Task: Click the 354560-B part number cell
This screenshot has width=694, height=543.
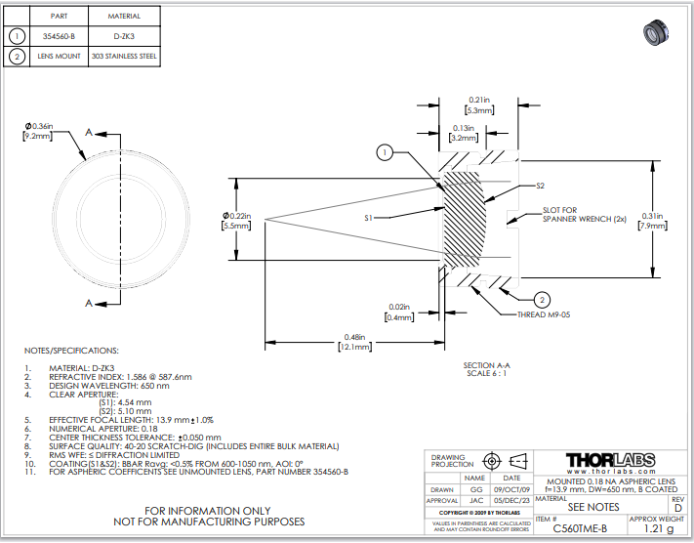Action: [59, 36]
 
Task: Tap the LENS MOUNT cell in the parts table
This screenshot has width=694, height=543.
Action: [59, 57]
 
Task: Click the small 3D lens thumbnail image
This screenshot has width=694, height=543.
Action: [657, 32]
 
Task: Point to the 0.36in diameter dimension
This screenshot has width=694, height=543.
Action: [39, 126]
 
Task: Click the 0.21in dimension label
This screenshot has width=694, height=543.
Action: [479, 99]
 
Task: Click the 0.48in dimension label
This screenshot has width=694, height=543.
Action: [354, 338]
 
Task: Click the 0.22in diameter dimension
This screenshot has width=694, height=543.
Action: [237, 215]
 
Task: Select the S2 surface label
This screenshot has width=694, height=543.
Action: [539, 185]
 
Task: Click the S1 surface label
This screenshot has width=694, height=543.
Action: [370, 219]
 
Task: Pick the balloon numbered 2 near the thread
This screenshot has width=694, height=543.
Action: [543, 300]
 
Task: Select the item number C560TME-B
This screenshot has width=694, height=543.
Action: [580, 528]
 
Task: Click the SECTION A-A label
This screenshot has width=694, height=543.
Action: [494, 365]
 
